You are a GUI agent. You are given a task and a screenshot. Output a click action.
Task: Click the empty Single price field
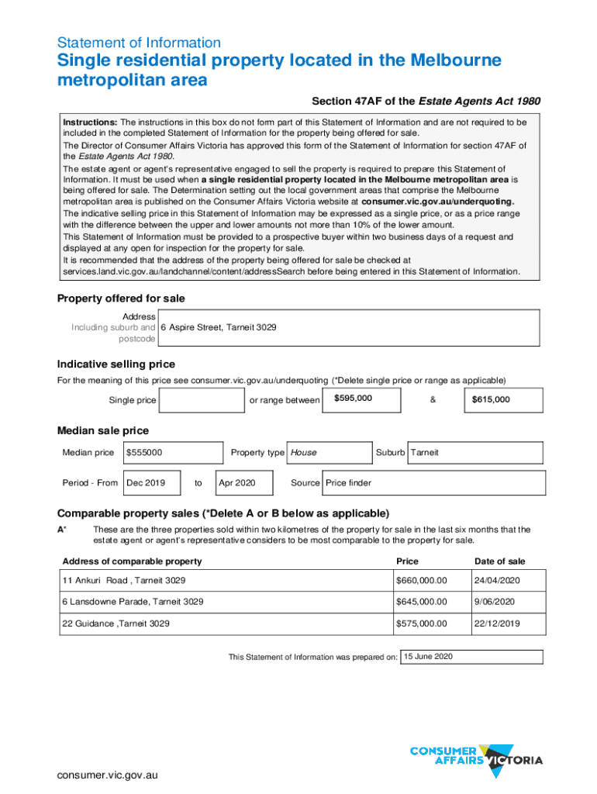(x=201, y=400)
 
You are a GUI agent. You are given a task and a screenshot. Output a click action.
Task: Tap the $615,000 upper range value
(x=491, y=400)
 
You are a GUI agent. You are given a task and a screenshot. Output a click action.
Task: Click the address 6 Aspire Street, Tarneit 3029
(x=219, y=327)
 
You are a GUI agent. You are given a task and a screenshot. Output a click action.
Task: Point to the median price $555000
(x=144, y=453)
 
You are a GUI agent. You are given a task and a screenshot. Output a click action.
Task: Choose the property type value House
(x=304, y=453)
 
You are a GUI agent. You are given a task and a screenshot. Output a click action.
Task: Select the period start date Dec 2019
(x=146, y=483)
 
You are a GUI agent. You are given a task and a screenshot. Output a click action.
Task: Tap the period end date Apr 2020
(x=237, y=483)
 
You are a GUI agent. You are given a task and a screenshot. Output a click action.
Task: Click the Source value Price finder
(x=349, y=483)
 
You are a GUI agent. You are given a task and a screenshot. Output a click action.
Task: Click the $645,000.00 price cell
(x=422, y=602)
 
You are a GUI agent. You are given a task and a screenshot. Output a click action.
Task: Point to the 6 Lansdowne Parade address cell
(x=133, y=602)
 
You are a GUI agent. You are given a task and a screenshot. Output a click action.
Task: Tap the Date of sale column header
(x=500, y=561)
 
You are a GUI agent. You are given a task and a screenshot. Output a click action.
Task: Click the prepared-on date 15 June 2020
(x=427, y=657)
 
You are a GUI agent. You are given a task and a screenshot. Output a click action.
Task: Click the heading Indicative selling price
(x=116, y=364)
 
